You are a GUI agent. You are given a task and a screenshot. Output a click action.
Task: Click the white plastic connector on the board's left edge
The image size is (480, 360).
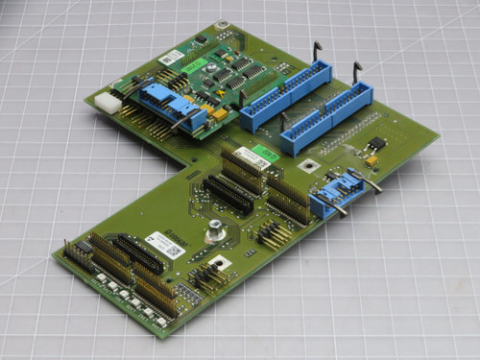click(107, 102)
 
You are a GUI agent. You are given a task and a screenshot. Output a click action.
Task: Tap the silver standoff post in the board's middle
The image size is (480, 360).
click(215, 229)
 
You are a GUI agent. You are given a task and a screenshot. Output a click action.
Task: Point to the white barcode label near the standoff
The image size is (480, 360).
click(164, 244)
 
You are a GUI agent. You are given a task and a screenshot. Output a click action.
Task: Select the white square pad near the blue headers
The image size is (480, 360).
click(308, 164)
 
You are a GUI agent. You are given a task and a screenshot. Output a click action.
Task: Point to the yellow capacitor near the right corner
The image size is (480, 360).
click(371, 160)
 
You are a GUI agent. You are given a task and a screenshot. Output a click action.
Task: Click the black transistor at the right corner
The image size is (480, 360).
click(377, 144)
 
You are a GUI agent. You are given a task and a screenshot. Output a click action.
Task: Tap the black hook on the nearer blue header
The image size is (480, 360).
click(357, 69)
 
